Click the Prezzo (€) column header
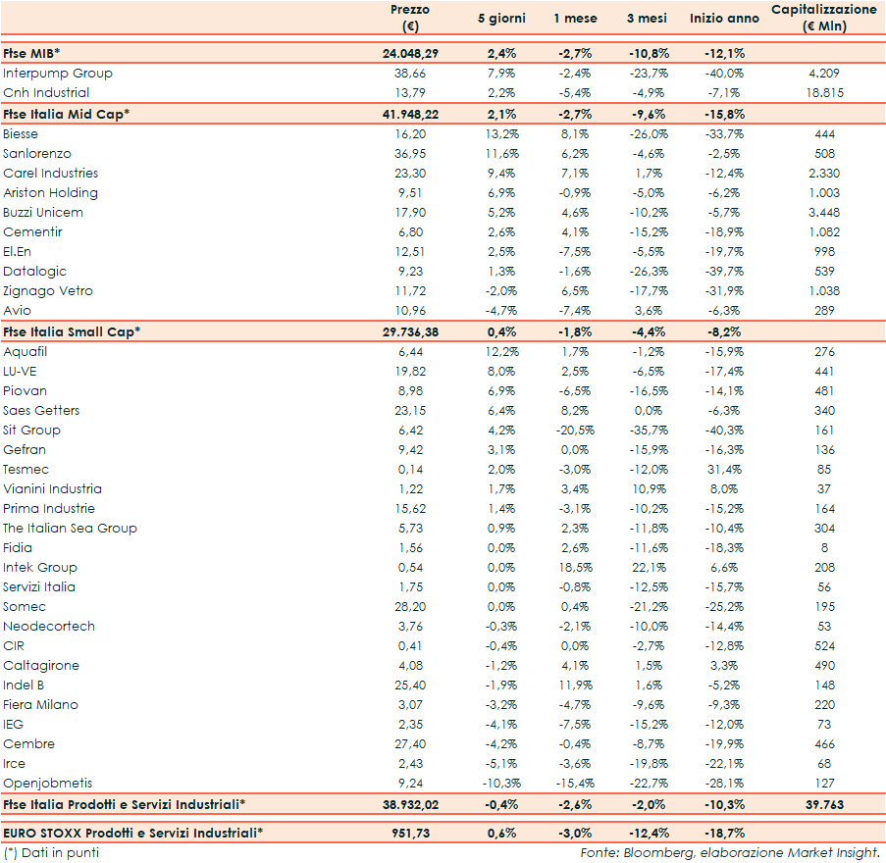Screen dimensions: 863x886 tap(409, 18)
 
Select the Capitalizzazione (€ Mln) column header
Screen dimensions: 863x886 tap(824, 18)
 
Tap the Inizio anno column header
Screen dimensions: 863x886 tap(725, 19)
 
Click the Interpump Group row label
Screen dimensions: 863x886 tap(58, 74)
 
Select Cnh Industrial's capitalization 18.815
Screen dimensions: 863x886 tap(824, 93)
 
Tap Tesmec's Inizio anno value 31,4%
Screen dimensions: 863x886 tap(725, 470)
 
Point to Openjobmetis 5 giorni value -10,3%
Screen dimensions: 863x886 tap(501, 784)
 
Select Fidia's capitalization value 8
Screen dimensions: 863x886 tap(824, 548)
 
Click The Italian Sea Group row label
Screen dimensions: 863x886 tap(70, 529)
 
